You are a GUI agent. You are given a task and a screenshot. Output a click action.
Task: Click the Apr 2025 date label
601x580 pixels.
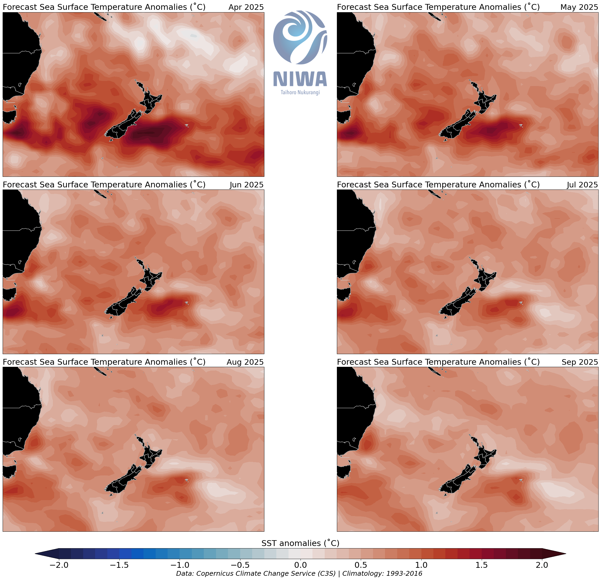[246, 7]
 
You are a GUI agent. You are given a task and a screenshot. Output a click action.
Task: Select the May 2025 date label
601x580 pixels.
[579, 7]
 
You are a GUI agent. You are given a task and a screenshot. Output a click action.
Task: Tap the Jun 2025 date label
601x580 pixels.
[246, 185]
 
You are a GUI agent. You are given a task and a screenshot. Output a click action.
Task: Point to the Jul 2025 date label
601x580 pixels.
[582, 185]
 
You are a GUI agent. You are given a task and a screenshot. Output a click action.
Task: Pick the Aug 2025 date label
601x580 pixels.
[245, 362]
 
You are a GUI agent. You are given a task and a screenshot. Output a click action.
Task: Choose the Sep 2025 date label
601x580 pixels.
[579, 362]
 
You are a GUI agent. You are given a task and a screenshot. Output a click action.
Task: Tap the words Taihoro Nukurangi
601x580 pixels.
[300, 92]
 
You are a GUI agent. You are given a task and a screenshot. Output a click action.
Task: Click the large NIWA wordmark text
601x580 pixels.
[300, 79]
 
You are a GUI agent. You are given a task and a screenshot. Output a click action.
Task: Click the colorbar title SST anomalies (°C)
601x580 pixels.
[300, 543]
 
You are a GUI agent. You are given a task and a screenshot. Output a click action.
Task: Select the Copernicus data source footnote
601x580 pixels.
[299, 574]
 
